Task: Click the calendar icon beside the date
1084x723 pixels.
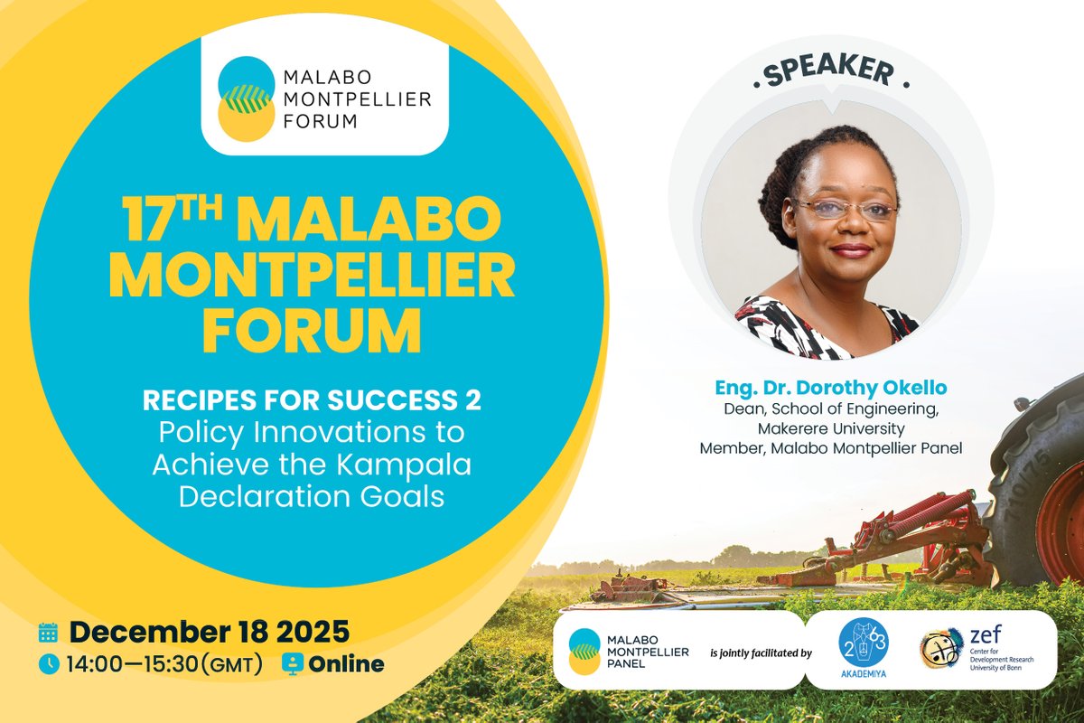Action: tap(48, 632)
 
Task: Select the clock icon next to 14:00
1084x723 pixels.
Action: tap(48, 664)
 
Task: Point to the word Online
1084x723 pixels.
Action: tap(346, 664)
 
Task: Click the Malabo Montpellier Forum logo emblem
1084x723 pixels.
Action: tap(246, 98)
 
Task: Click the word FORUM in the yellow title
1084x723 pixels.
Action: tap(311, 332)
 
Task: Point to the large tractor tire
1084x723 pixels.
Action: tap(1039, 488)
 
